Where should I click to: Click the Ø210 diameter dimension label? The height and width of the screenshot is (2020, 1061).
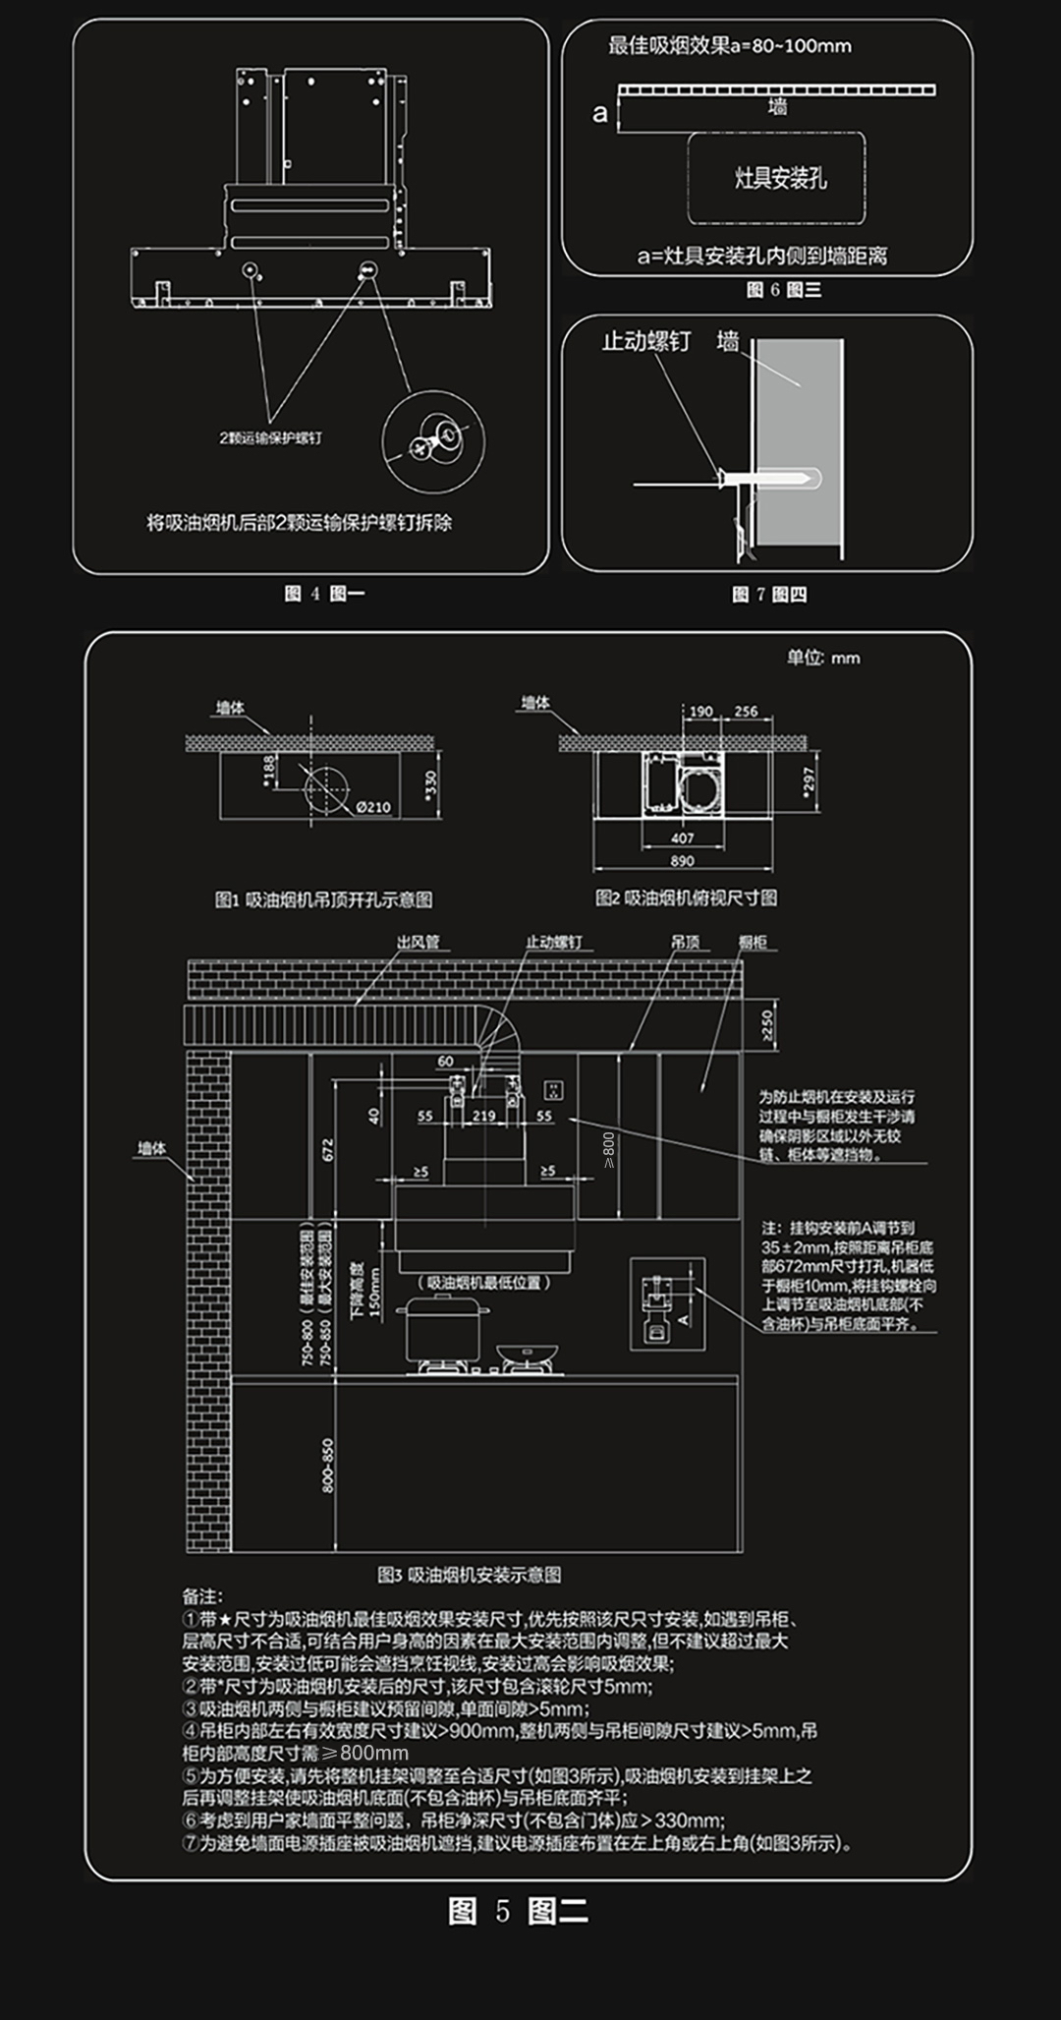(372, 807)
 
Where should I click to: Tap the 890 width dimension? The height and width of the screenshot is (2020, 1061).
(682, 860)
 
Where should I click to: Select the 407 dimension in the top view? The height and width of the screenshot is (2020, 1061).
(682, 838)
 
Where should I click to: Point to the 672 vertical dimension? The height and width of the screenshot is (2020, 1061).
(328, 1148)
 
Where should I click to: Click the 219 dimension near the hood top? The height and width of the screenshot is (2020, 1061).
(483, 1116)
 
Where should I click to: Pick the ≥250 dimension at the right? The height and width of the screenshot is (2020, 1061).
(767, 1024)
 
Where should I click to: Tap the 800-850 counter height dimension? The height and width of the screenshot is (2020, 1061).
(328, 1465)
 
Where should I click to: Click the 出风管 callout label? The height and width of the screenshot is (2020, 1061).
(418, 942)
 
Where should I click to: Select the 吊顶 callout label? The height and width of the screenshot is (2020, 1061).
(686, 942)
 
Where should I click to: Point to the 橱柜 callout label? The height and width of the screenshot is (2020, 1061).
(753, 942)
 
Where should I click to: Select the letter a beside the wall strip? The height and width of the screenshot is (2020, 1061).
(599, 114)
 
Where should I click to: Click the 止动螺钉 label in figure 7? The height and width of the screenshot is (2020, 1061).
(645, 341)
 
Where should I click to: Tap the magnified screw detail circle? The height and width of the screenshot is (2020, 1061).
(433, 441)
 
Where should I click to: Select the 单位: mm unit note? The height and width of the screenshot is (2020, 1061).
(822, 658)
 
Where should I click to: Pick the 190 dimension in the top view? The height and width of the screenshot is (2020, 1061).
(700, 712)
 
